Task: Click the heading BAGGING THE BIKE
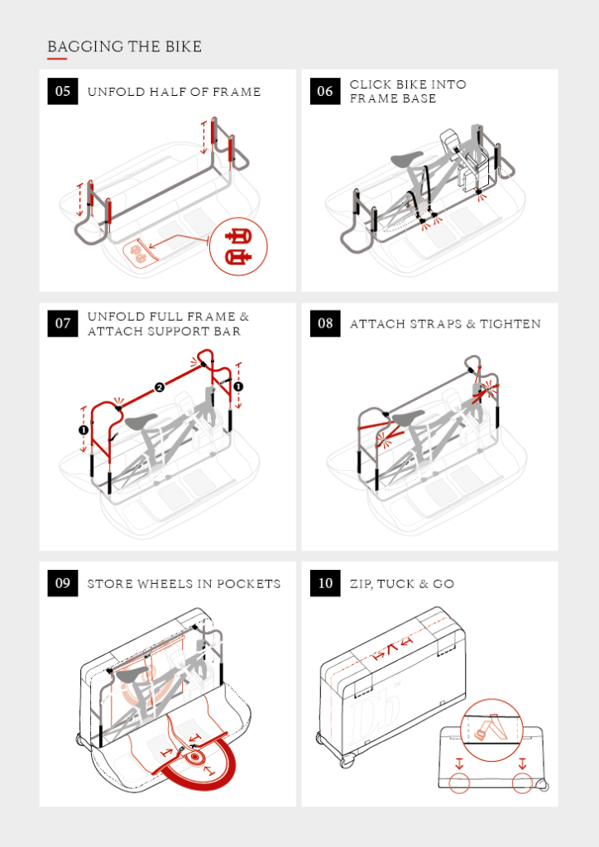pyautogui.click(x=124, y=46)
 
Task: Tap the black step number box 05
pyautogui.click(x=63, y=91)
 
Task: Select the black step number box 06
pyautogui.click(x=325, y=91)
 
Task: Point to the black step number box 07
pyautogui.click(x=63, y=323)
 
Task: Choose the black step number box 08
pyautogui.click(x=325, y=323)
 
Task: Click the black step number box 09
pyautogui.click(x=63, y=583)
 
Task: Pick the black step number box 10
pyautogui.click(x=325, y=583)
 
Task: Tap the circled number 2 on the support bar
pyautogui.click(x=160, y=386)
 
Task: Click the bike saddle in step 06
pyautogui.click(x=406, y=159)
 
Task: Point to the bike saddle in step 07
pyautogui.click(x=142, y=422)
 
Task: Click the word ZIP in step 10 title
pyautogui.click(x=360, y=584)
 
